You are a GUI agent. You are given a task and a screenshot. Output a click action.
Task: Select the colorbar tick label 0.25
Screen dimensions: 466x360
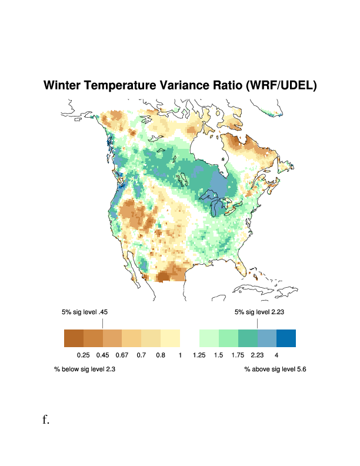(x=83, y=355)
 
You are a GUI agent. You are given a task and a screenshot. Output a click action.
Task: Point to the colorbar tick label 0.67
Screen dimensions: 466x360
(x=122, y=355)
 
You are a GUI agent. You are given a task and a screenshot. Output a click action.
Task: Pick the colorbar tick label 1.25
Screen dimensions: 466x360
(x=199, y=355)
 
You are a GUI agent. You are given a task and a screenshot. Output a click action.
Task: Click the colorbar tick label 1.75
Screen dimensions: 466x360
(x=238, y=355)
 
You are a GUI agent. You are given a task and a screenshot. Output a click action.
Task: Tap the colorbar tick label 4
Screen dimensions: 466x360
(x=276, y=355)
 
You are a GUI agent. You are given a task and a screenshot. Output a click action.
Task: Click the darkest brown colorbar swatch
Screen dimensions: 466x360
(x=74, y=338)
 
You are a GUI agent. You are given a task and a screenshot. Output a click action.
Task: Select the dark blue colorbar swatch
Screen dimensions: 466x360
(x=286, y=338)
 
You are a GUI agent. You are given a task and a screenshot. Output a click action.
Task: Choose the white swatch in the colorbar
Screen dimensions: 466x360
(x=189, y=338)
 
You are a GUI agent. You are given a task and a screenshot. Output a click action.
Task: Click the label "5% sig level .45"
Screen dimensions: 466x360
(x=85, y=312)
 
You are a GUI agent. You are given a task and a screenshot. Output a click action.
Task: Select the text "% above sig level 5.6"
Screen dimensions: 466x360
(x=275, y=370)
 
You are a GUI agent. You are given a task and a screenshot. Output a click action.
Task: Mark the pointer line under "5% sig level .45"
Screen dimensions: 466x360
(x=102, y=324)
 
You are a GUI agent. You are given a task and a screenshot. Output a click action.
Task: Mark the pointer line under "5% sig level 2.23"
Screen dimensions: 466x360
(x=257, y=324)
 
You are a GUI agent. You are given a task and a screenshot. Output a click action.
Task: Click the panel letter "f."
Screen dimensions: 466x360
(x=46, y=420)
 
